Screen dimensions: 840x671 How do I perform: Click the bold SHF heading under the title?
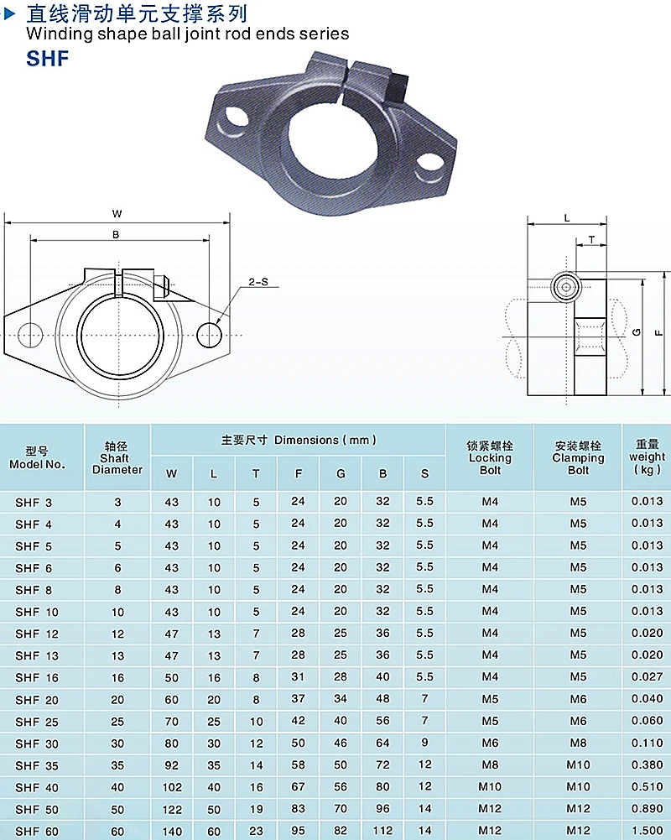48,59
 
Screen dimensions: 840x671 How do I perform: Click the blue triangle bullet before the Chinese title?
11,14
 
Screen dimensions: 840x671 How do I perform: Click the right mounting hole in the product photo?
430,161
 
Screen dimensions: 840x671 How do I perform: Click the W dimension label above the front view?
117,213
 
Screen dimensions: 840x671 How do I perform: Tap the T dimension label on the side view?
591,240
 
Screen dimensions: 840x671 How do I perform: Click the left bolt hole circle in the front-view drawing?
29,335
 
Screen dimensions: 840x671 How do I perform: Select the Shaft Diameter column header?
117,458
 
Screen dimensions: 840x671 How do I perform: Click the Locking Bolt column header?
490,457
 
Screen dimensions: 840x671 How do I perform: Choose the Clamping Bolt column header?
578,457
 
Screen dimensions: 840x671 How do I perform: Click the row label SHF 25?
34,721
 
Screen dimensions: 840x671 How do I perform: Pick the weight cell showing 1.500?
647,830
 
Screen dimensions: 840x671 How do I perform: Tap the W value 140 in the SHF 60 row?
172,830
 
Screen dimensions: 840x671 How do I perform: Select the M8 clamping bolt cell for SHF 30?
578,743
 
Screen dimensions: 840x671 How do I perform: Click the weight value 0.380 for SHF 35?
647,764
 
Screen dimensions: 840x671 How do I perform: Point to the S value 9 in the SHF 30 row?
424,743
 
